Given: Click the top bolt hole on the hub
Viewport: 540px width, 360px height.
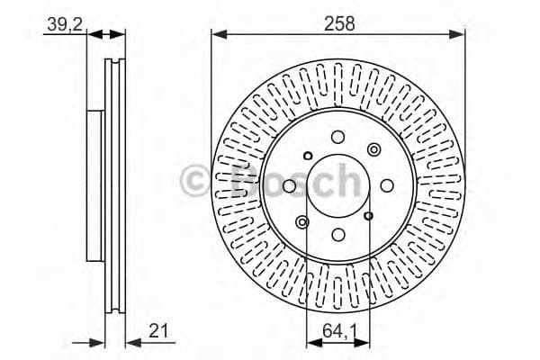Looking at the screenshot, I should coord(337,137).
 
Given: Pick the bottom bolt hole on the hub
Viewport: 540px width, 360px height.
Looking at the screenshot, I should coord(337,234).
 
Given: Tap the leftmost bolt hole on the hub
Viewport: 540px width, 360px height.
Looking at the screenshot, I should coord(289,185).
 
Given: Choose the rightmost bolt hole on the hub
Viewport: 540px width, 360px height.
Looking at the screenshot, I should coord(386,185).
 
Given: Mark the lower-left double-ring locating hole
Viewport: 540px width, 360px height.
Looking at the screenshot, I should coord(302,221).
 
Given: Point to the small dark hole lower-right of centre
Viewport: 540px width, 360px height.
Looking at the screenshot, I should coord(369,216).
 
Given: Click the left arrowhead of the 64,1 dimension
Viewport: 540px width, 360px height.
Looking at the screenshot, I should coord(312,341).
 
